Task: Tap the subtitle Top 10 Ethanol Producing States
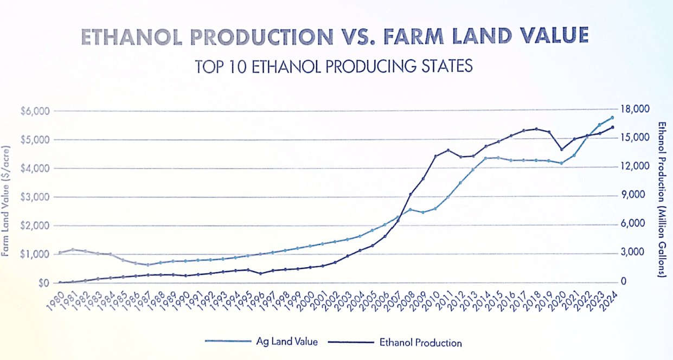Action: click(x=334, y=66)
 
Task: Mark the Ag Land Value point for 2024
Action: click(x=612, y=118)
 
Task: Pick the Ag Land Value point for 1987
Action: click(x=148, y=265)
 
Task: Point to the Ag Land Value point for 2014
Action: click(x=486, y=158)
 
